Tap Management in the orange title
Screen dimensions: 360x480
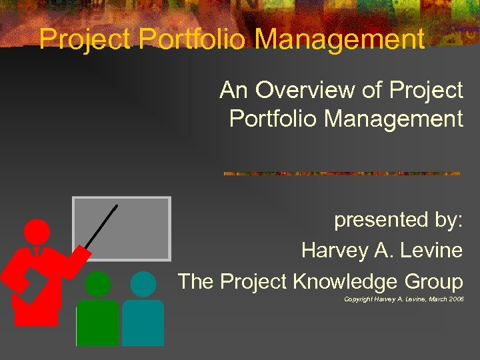[339, 39]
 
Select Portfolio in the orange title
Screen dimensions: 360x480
[194, 39]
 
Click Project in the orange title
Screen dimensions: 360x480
[86, 39]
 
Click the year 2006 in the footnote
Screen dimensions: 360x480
[456, 299]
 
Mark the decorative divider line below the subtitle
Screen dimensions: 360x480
[341, 173]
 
